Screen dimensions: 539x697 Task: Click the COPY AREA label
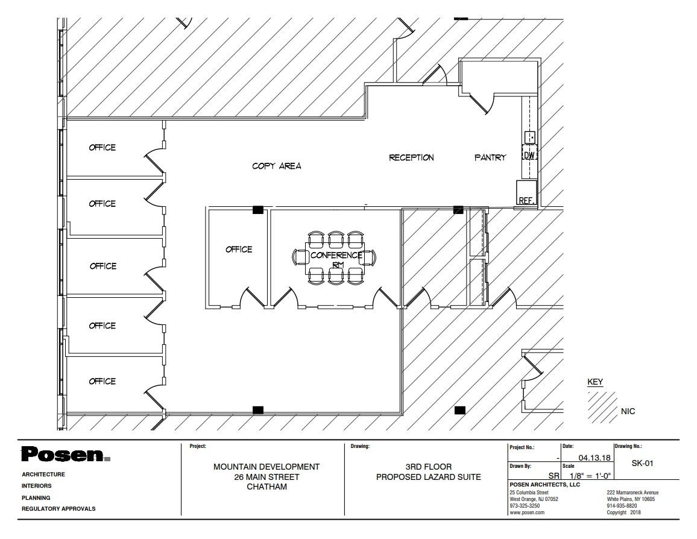[277, 166]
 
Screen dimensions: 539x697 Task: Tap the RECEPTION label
[411, 158]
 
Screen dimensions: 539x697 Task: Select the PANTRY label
[490, 158]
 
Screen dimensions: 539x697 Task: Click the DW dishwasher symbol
[529, 156]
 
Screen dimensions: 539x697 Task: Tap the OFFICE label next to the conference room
[239, 250]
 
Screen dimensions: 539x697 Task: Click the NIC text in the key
[628, 412]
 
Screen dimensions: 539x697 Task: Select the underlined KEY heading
[595, 382]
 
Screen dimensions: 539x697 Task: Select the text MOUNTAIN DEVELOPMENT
[266, 467]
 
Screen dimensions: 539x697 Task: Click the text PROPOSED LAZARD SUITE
[429, 478]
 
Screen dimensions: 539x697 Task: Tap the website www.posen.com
[527, 512]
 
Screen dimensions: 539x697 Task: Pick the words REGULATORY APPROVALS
[58, 509]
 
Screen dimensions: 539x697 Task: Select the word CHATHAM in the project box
[266, 487]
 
